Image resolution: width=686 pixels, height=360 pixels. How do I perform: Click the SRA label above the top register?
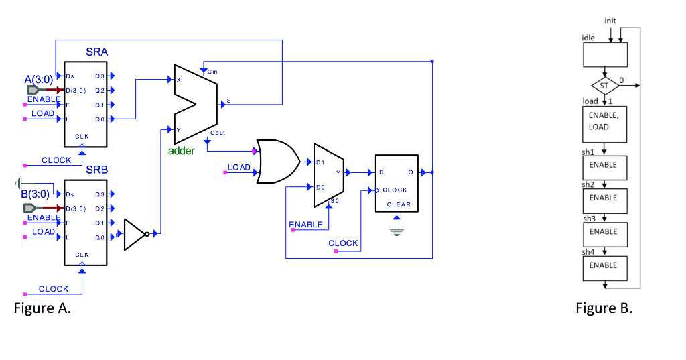click(96, 52)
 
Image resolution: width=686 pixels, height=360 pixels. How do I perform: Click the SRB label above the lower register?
click(96, 170)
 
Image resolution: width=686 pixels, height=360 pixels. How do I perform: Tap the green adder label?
click(181, 151)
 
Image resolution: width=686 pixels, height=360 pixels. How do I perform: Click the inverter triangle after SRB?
click(136, 233)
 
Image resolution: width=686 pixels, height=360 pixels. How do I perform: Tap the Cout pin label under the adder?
click(217, 133)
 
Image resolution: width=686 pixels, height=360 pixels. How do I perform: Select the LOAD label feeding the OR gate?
click(238, 167)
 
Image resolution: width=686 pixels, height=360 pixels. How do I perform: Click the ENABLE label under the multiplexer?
click(305, 225)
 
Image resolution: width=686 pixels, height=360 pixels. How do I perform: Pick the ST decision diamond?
click(604, 86)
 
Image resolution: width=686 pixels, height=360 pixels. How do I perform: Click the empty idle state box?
click(604, 55)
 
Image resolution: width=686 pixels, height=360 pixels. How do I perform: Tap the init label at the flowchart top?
click(610, 21)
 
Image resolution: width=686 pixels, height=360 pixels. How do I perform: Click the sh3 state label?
click(589, 219)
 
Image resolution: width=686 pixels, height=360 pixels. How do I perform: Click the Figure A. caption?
click(42, 308)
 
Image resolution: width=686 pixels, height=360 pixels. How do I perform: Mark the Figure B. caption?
click(604, 308)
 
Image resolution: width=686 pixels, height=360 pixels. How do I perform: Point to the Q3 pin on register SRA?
click(99, 78)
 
